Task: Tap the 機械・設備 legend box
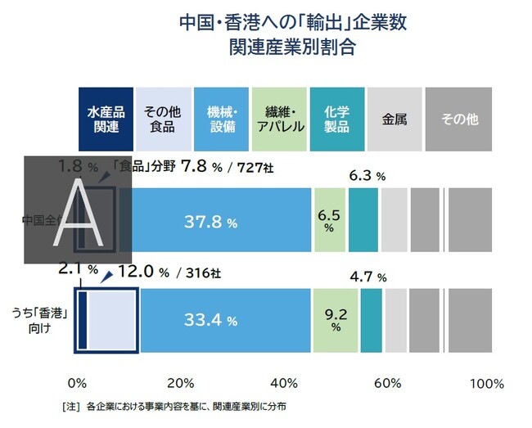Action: (x=222, y=119)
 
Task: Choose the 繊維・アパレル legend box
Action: (x=280, y=119)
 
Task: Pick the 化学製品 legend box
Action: (x=336, y=119)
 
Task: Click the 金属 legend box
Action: (x=394, y=119)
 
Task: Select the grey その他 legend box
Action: (x=459, y=119)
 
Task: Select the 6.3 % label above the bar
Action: (x=367, y=175)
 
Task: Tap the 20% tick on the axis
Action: (x=181, y=383)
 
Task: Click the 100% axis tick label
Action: (x=489, y=383)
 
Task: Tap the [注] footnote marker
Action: (x=70, y=406)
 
